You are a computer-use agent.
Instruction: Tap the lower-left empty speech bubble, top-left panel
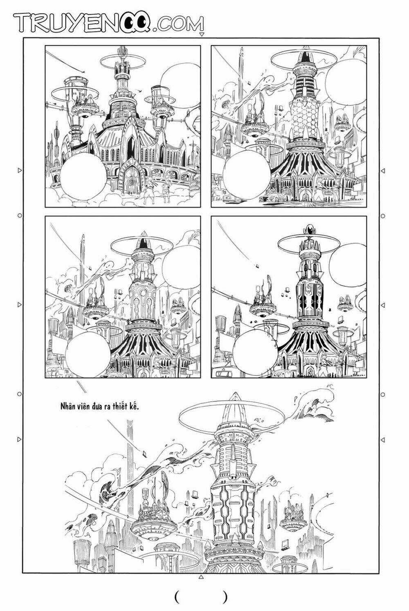click(x=83, y=179)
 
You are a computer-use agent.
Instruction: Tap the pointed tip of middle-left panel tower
click(x=144, y=234)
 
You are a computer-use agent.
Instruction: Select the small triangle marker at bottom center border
click(x=200, y=577)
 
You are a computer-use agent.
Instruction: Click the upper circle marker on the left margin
click(x=19, y=215)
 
